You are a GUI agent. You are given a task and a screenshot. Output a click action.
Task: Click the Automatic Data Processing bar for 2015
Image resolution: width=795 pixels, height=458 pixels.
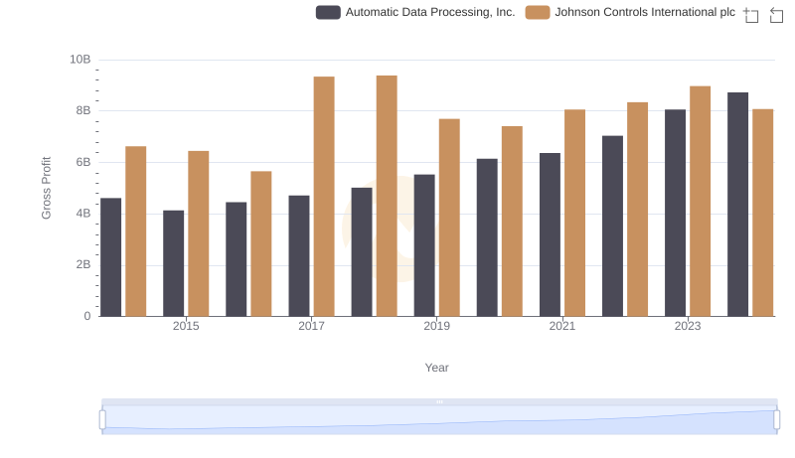(174, 263)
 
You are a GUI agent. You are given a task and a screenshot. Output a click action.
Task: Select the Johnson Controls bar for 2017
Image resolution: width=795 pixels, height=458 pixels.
(324, 197)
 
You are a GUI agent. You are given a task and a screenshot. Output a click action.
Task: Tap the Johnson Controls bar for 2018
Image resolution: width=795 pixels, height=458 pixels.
(387, 196)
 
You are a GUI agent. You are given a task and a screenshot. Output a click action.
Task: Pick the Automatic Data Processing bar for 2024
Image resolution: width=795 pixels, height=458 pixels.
(737, 205)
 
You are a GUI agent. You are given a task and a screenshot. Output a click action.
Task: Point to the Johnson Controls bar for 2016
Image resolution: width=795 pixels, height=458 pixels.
(261, 243)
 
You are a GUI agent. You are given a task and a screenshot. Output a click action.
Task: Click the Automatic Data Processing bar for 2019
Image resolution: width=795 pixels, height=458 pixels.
(424, 245)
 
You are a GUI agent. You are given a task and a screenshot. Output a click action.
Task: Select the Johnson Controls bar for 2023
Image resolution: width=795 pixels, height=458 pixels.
(701, 202)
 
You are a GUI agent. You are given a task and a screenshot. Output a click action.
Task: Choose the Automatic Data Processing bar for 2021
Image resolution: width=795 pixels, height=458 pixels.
(550, 234)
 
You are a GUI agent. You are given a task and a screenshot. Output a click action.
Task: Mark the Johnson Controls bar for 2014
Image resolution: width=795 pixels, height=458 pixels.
(136, 231)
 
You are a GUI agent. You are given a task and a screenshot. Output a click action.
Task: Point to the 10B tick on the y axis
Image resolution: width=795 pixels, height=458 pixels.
(79, 60)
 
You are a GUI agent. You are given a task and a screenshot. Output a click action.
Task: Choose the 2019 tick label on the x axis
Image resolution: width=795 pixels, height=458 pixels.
(436, 327)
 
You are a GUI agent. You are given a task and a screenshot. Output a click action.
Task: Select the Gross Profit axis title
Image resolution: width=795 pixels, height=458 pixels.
(47, 188)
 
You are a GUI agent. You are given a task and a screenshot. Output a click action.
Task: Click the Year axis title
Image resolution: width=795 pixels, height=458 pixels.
(437, 368)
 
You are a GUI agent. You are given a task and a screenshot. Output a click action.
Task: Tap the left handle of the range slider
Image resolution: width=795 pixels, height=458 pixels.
(102, 420)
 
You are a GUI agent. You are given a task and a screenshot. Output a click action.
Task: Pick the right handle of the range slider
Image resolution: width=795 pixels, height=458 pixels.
(776, 420)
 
